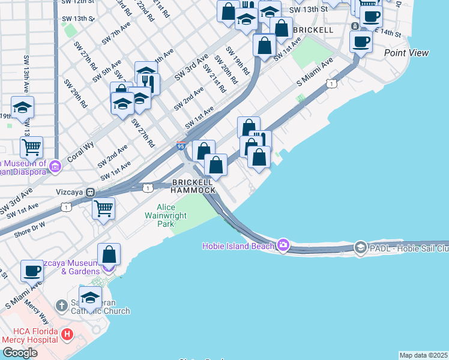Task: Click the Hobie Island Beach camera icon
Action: (x=283, y=245)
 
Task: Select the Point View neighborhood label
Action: (x=406, y=53)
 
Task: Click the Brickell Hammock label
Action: (x=193, y=186)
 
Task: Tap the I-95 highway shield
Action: (x=181, y=146)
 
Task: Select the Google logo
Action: (x=20, y=352)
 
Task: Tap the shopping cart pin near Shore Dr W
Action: (x=103, y=209)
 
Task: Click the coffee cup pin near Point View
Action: (x=361, y=41)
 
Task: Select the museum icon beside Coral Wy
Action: (x=55, y=166)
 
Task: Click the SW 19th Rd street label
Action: (x=237, y=61)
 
